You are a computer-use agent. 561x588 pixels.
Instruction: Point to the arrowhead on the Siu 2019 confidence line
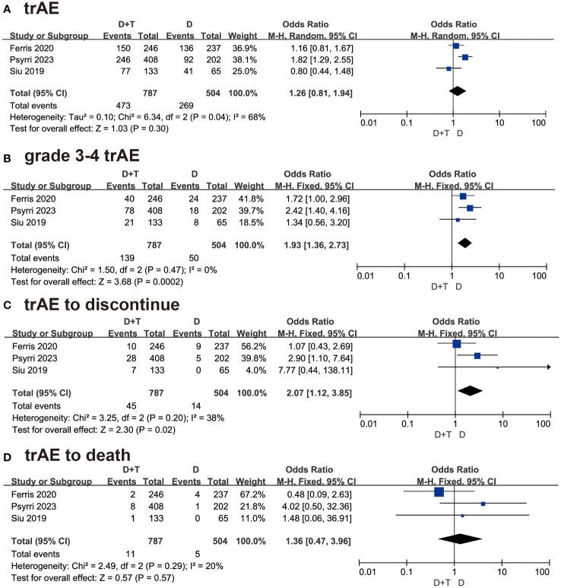(x=548, y=367)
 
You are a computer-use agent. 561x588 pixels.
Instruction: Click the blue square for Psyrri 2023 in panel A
(x=465, y=57)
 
